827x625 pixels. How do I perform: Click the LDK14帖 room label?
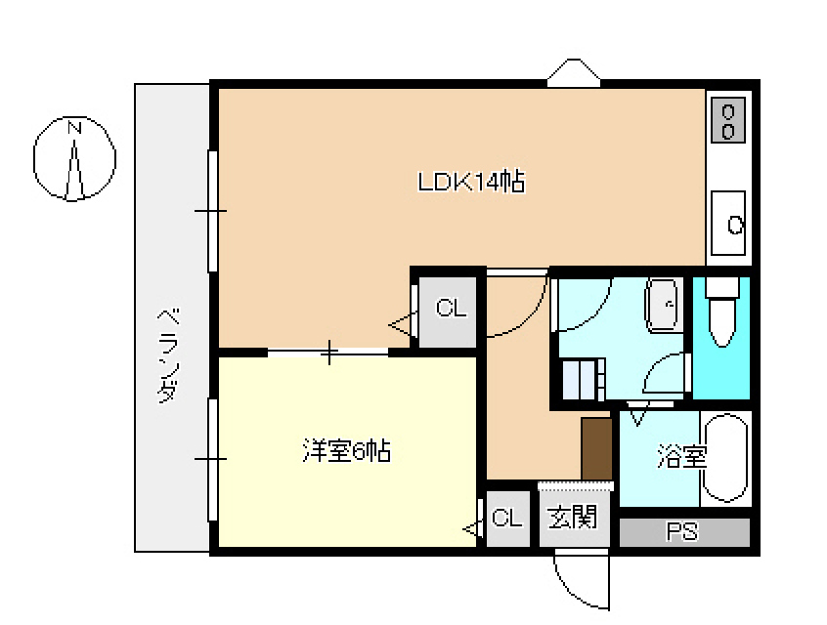tap(471, 182)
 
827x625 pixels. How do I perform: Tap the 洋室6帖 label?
tap(346, 451)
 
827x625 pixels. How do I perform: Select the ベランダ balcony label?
tap(169, 356)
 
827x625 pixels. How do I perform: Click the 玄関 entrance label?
tap(573, 517)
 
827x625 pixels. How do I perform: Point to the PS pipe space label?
tap(682, 531)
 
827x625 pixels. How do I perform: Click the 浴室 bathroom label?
tap(682, 456)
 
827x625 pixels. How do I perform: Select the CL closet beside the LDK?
tap(452, 308)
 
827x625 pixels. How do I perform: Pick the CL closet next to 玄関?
tap(506, 518)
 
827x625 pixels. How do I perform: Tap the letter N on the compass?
tap(74, 128)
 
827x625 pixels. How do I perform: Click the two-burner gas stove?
tap(728, 120)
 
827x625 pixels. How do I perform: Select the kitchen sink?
tap(728, 224)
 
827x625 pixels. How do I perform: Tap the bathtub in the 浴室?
tap(725, 458)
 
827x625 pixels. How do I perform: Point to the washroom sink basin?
tap(663, 306)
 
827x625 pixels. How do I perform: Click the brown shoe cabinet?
tap(596, 449)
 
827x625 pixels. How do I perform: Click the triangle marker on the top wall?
tap(574, 72)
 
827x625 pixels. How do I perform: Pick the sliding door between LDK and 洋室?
tap(328, 353)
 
